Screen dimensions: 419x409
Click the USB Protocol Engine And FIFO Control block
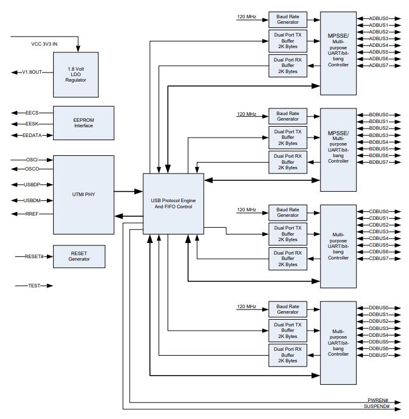point(173,202)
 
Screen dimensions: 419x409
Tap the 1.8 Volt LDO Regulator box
point(75,74)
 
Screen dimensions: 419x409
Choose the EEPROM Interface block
point(84,121)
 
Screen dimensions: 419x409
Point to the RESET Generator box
point(79,256)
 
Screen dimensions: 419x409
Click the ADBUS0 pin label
point(379,19)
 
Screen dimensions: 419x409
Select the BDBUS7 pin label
point(379,162)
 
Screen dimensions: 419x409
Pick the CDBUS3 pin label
point(379,231)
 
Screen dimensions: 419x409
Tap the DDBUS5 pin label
point(379,342)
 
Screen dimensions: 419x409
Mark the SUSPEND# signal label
point(376,406)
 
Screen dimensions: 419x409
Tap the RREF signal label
point(32,214)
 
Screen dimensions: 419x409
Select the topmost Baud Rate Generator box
point(288,18)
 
